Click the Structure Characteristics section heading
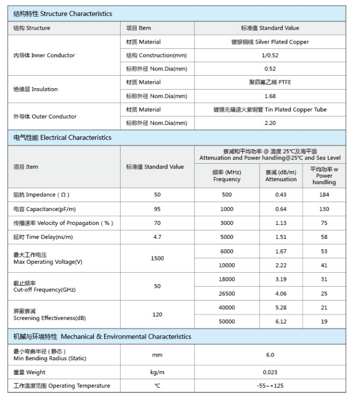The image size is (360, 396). click(62, 13)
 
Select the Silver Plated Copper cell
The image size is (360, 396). click(270, 42)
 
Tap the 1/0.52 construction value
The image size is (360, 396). click(270, 55)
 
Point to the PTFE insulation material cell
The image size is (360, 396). click(270, 82)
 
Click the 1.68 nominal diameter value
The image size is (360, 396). click(270, 96)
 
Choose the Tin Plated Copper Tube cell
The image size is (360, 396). click(270, 110)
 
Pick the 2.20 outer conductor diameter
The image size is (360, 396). click(270, 123)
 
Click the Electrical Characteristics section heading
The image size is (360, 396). click(62, 138)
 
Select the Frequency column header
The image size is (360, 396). click(227, 176)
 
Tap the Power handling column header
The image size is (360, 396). click(324, 176)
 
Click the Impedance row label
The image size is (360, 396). click(41, 195)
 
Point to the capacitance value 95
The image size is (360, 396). click(157, 209)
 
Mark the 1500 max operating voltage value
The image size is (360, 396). click(157, 258)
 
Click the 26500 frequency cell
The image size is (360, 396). click(227, 294)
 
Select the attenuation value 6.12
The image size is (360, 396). click(281, 321)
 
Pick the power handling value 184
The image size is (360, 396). click(324, 195)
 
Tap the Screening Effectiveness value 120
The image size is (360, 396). click(157, 315)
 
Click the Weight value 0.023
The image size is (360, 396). click(270, 372)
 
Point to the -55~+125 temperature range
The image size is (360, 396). click(270, 386)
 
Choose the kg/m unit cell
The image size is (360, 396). click(157, 372)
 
